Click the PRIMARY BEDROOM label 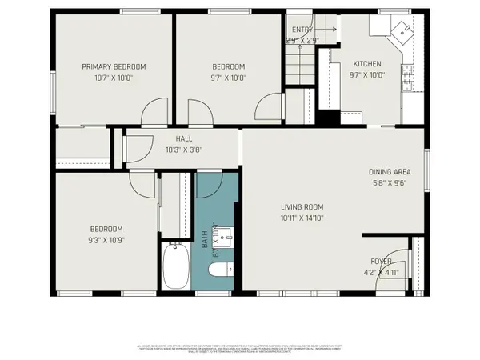pyautogui.click(x=114, y=66)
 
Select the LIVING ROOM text pyautogui.click(x=302, y=206)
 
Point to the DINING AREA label pyautogui.click(x=390, y=171)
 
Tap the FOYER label pyautogui.click(x=380, y=261)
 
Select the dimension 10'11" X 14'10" pyautogui.click(x=302, y=217)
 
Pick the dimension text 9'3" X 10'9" pyautogui.click(x=106, y=239)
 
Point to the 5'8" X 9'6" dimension pyautogui.click(x=390, y=182)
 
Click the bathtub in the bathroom pyautogui.click(x=175, y=267)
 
